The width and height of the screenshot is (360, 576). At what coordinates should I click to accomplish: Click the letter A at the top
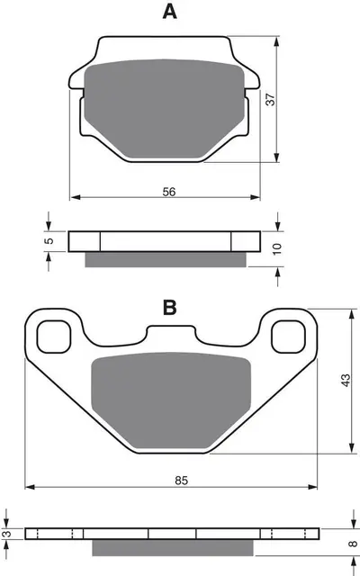click(x=168, y=12)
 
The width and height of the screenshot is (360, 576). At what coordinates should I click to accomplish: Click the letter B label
click(x=168, y=309)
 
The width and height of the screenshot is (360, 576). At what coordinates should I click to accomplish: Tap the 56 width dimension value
click(x=168, y=192)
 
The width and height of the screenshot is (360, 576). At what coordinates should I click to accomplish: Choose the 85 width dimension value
click(x=181, y=481)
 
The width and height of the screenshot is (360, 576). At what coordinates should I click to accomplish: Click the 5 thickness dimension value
click(x=50, y=240)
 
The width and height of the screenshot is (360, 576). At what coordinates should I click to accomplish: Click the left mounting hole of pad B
click(x=54, y=337)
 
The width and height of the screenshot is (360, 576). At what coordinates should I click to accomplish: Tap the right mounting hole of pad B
click(x=287, y=337)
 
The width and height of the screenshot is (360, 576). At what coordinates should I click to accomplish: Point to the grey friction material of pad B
click(x=169, y=396)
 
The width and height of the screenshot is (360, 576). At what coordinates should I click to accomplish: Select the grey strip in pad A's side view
click(x=166, y=260)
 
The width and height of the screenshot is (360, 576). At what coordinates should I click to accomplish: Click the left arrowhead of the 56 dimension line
click(x=74, y=195)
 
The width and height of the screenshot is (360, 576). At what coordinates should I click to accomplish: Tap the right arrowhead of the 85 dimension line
click(x=316, y=486)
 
